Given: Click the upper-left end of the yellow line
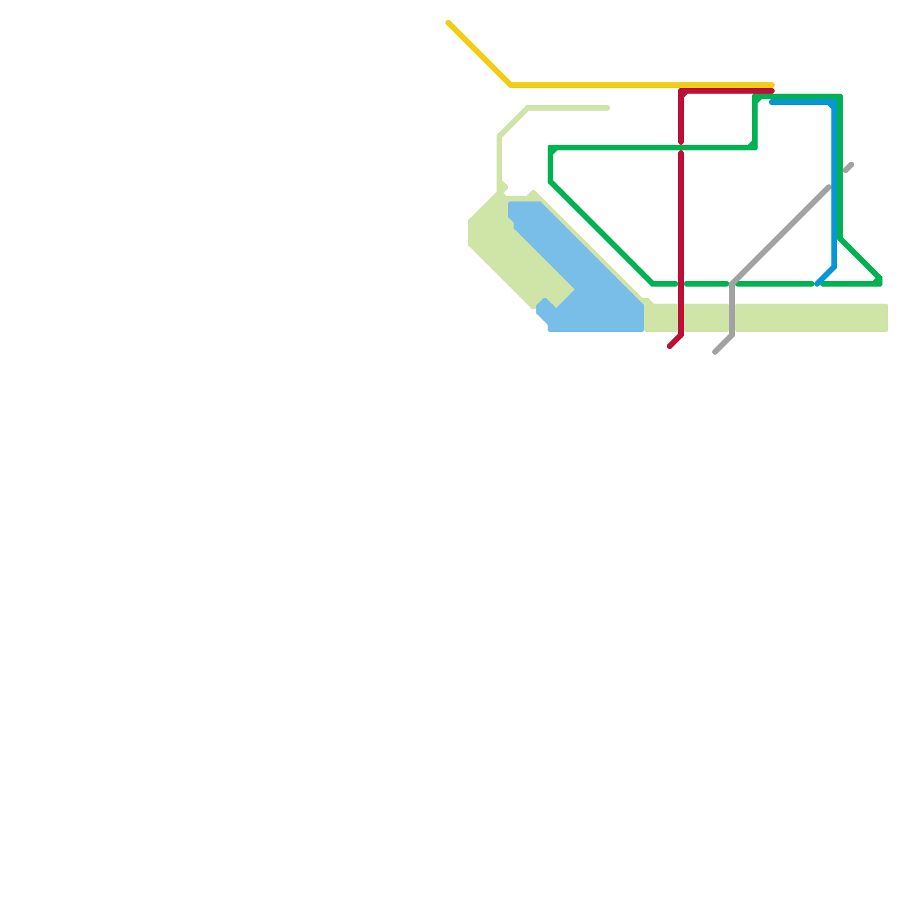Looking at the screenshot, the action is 449,23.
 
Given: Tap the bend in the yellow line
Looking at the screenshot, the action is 511,86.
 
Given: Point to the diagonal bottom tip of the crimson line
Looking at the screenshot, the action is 670,346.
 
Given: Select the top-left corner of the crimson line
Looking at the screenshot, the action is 682,91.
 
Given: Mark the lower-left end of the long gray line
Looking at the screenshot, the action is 716,352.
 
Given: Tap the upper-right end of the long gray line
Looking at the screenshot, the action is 829,187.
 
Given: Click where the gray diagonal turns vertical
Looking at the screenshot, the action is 733,284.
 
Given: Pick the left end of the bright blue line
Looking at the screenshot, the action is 772,103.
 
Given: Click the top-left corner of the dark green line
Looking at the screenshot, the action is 551,148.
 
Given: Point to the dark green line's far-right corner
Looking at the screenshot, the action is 880,281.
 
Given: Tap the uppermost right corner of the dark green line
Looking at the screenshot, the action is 840,97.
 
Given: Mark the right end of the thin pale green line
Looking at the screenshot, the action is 607,108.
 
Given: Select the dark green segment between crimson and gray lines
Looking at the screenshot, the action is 707,284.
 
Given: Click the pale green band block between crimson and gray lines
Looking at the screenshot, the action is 707,318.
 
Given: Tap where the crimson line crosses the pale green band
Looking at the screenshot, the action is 681,318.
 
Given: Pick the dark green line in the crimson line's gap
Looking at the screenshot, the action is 681,148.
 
